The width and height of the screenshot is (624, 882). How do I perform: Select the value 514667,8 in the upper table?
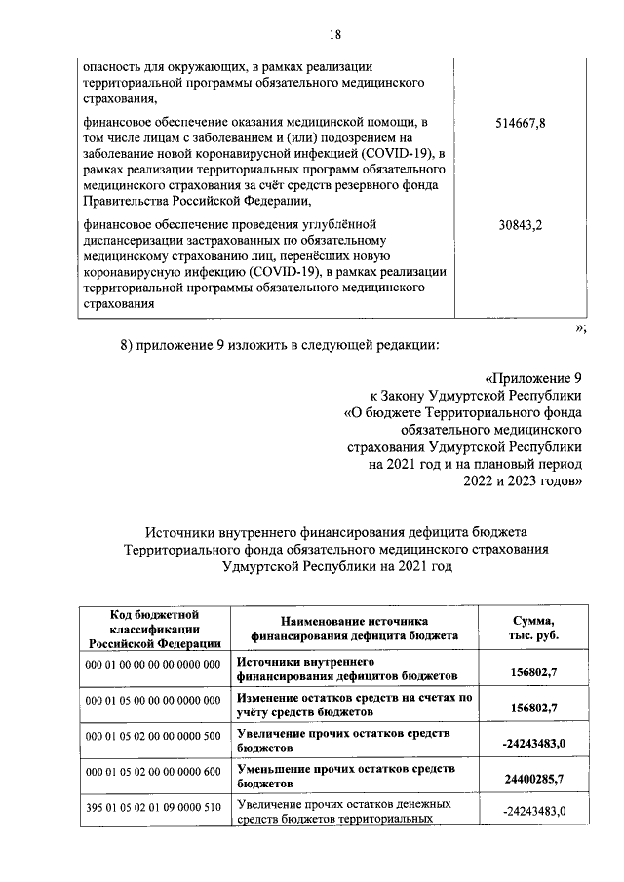click(x=521, y=124)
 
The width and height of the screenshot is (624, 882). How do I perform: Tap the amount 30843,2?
click(x=521, y=225)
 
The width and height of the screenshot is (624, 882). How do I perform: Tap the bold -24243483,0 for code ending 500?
click(x=533, y=744)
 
